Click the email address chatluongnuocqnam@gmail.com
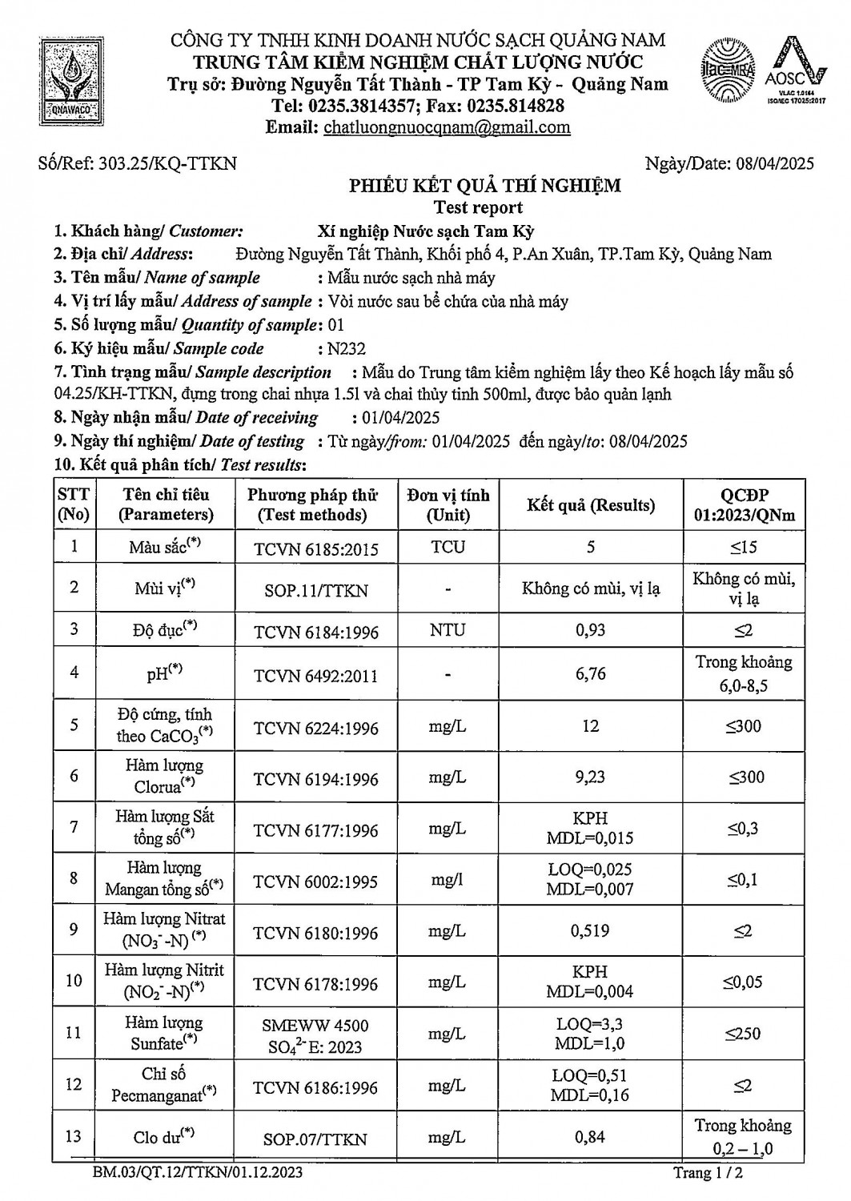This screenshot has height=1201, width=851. [x=447, y=127]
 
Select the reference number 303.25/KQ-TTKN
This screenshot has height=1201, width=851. [x=167, y=164]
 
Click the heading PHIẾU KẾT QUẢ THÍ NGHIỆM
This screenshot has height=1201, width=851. [x=484, y=187]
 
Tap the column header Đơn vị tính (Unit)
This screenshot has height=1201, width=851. [x=448, y=505]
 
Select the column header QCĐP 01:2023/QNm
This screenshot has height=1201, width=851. [x=744, y=505]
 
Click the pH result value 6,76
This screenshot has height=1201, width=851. [x=591, y=674]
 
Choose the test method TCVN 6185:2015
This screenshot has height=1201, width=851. [x=316, y=549]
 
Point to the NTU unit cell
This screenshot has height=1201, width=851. [x=448, y=630]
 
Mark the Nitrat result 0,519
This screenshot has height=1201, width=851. [x=591, y=930]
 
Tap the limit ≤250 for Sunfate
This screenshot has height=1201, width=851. [x=743, y=1034]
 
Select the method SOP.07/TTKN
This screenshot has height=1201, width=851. [x=315, y=1139]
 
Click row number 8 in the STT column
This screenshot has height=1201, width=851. [x=74, y=878]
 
